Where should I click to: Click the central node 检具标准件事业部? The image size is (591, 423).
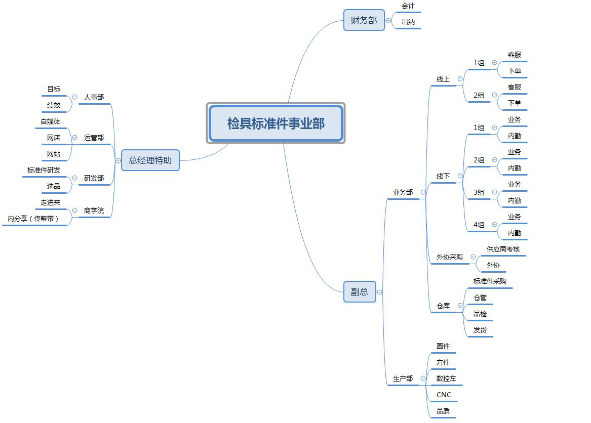pyautogui.click(x=276, y=123)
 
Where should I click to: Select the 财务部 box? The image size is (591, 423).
pyautogui.click(x=364, y=20)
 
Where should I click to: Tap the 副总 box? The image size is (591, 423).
pyautogui.click(x=360, y=292)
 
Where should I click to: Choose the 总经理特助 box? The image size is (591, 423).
pyautogui.click(x=150, y=160)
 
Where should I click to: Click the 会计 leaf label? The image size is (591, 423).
pyautogui.click(x=408, y=6)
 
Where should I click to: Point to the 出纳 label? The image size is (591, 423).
pyautogui.click(x=408, y=22)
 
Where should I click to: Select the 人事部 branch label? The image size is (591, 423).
pyautogui.click(x=94, y=97)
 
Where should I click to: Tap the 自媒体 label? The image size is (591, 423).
pyautogui.click(x=51, y=121)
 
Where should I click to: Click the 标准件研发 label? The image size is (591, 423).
pyautogui.click(x=44, y=170)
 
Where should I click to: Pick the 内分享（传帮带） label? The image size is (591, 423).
pyautogui.click(x=33, y=219)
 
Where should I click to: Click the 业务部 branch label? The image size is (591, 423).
pyautogui.click(x=403, y=192)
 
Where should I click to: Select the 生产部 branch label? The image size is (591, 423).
pyautogui.click(x=403, y=378)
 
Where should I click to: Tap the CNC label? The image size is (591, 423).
pyautogui.click(x=444, y=395)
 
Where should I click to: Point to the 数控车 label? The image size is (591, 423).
pyautogui.click(x=446, y=378)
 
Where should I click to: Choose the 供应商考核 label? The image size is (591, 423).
pyautogui.click(x=503, y=249)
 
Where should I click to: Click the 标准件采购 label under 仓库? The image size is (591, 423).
pyautogui.click(x=490, y=281)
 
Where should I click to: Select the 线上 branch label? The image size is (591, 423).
pyautogui.click(x=443, y=79)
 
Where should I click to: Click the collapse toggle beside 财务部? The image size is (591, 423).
pyautogui.click(x=388, y=21)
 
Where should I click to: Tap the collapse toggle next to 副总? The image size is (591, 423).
pyautogui.click(x=380, y=292)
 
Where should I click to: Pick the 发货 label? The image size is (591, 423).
pyautogui.click(x=480, y=330)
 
